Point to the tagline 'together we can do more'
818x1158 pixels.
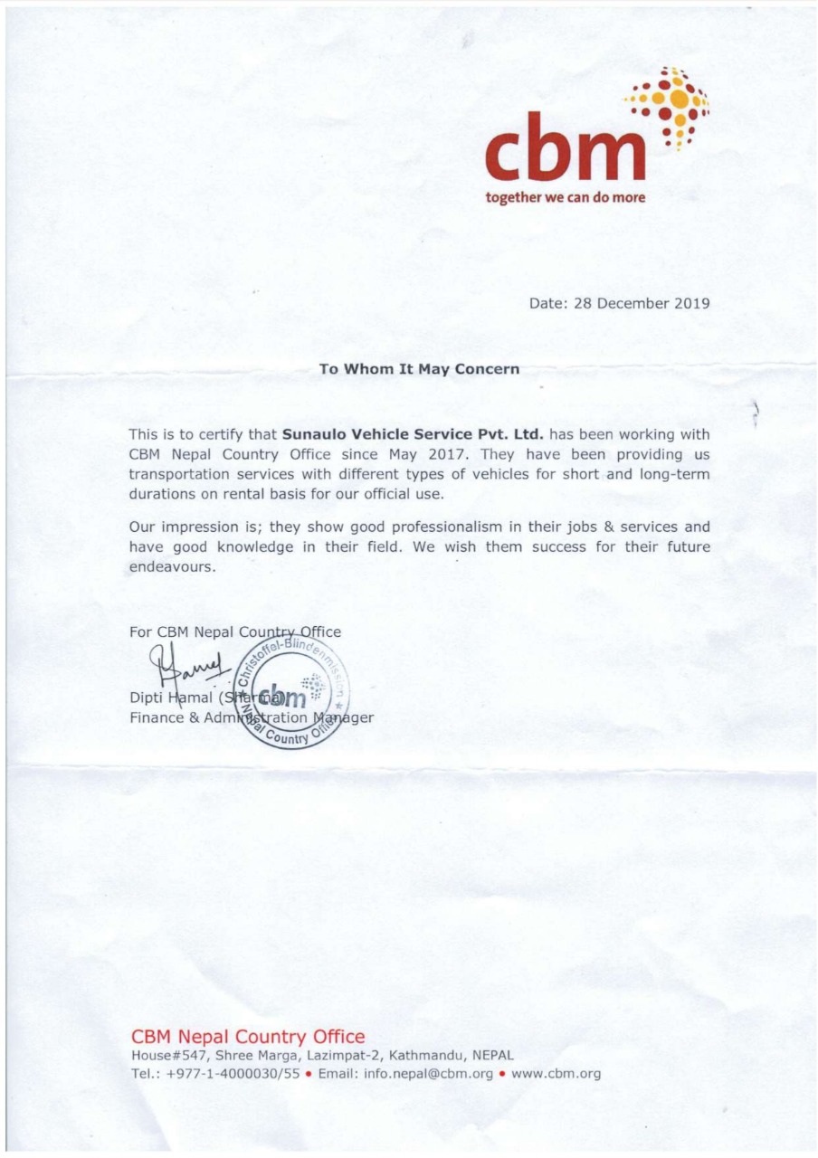tap(566, 196)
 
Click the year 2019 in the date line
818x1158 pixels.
tap(692, 303)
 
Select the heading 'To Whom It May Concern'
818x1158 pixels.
tap(419, 369)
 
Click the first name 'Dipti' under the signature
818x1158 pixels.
tap(147, 698)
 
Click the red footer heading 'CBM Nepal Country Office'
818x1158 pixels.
tap(248, 1037)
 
